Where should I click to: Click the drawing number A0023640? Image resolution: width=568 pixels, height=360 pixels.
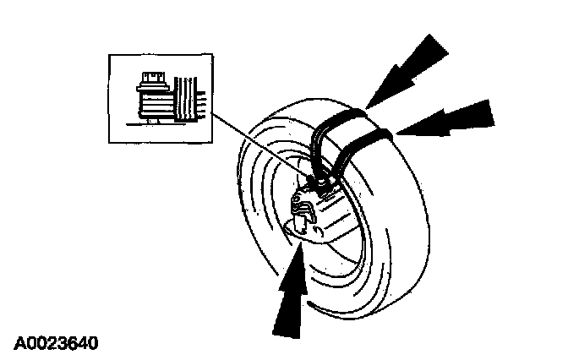click(x=55, y=344)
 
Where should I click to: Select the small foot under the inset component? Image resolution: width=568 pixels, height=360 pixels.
click(x=150, y=121)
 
